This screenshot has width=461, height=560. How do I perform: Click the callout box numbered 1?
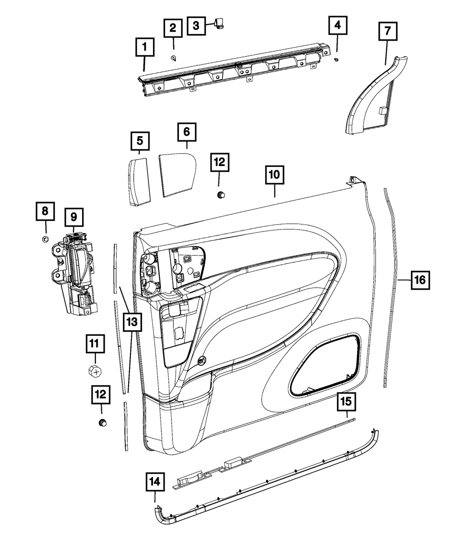click(x=144, y=47)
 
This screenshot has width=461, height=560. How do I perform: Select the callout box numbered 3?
click(x=196, y=25)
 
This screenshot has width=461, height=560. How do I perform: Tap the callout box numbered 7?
click(x=387, y=31)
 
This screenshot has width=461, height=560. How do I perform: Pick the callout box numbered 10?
click(x=275, y=175)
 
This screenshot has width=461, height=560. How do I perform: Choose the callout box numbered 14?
click(x=155, y=482)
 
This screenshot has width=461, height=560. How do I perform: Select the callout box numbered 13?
click(x=132, y=322)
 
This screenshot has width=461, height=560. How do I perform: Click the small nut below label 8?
click(x=46, y=238)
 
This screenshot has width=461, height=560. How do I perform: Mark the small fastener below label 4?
click(x=337, y=60)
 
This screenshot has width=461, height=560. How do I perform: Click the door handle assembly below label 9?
click(x=75, y=274)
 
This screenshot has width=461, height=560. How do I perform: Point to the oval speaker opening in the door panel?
click(x=325, y=365)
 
